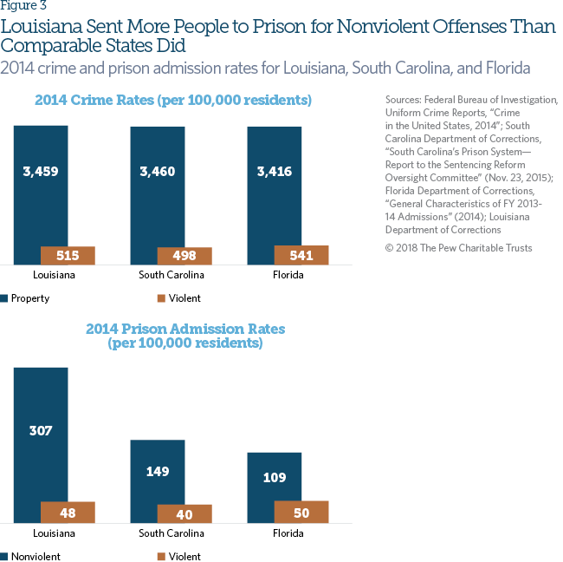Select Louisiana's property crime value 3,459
pos(41,171)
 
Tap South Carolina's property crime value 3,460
pos(158,171)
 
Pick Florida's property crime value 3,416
pos(275,171)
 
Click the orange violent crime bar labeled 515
pos(68,255)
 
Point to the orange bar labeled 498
pos(184,255)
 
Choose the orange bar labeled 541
pos(301,255)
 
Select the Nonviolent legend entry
pos(36,556)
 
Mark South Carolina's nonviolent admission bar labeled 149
pos(158,472)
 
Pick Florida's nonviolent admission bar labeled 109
pos(275,477)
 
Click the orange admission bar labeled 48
pos(68,513)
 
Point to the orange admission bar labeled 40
pos(184,513)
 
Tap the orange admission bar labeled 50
pos(301,512)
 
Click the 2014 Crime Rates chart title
pos(173,101)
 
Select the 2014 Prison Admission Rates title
pos(184,336)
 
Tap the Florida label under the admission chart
pos(288,533)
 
